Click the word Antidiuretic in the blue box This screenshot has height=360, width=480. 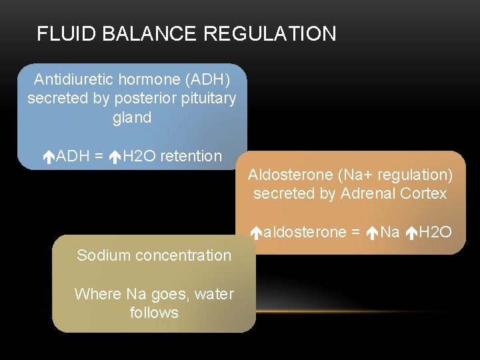coord(74,79)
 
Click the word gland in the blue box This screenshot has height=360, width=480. coord(132,118)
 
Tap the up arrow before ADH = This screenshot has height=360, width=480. coord(48,157)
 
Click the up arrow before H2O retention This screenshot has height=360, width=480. coord(116,157)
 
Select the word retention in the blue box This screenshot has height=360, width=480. coord(191,157)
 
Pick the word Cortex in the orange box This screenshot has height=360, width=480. coord(424,194)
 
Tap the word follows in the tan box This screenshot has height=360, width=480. coord(154,313)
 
